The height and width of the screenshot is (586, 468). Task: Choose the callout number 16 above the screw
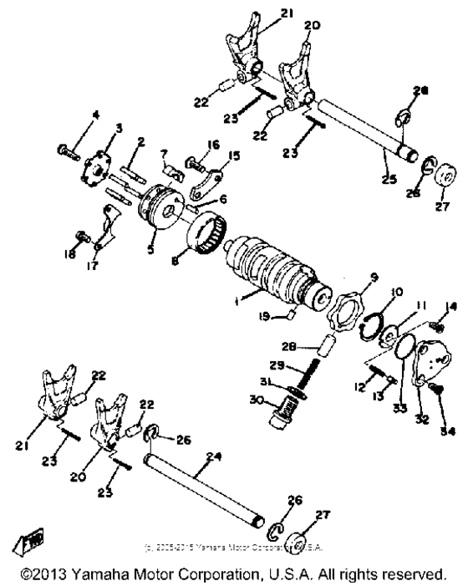pyautogui.click(x=212, y=145)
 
